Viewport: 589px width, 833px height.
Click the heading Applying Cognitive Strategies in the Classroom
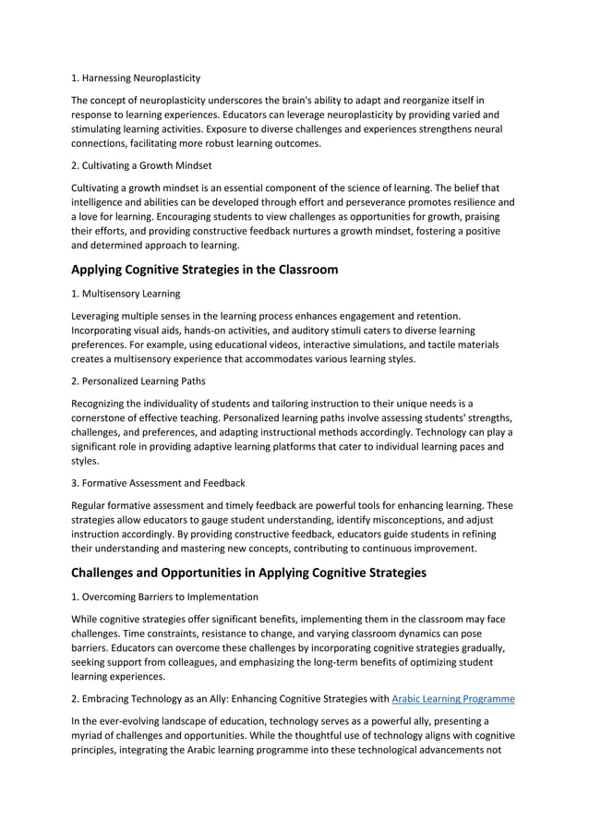(x=205, y=270)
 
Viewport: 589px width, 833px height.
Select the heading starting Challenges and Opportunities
(x=249, y=573)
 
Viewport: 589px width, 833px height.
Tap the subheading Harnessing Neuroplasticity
(x=136, y=78)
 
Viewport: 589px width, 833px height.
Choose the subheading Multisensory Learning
(x=126, y=293)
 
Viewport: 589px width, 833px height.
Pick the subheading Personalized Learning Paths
(x=138, y=380)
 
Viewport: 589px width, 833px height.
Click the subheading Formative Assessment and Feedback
(x=158, y=483)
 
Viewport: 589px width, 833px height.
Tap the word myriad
(x=89, y=736)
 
